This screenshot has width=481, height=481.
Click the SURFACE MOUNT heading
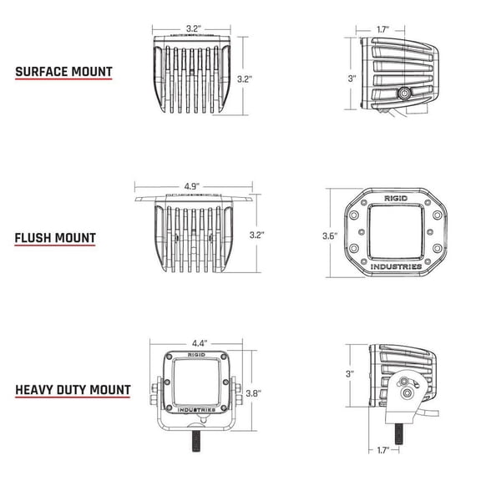click(x=64, y=71)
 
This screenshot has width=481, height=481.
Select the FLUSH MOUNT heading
click(x=54, y=238)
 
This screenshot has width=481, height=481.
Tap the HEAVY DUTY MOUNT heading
click(x=72, y=389)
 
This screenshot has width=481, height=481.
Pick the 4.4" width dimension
click(x=198, y=343)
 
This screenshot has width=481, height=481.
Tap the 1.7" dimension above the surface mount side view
click(x=382, y=28)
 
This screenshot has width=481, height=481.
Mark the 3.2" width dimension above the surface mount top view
click(x=194, y=28)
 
